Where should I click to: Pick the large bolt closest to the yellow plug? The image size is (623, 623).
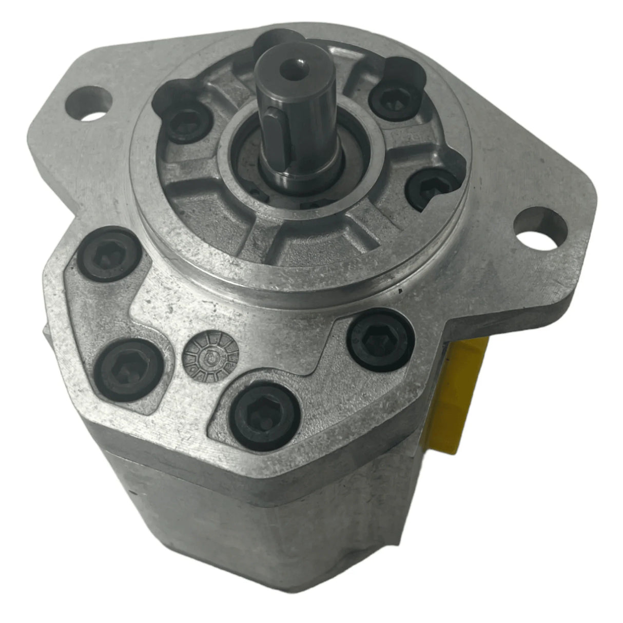pos(380,339)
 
